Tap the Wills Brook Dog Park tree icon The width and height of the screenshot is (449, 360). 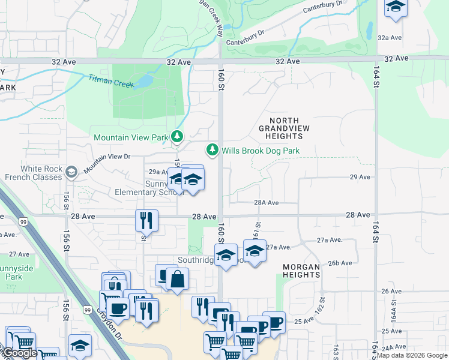click(212, 150)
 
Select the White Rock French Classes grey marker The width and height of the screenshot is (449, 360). click(71, 173)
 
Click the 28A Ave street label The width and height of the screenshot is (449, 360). click(267, 203)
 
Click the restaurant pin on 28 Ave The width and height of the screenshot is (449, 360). click(146, 220)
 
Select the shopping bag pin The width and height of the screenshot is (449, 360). click(178, 279)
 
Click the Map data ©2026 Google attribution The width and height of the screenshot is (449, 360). click(412, 355)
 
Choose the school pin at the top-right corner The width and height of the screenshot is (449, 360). click(396, 7)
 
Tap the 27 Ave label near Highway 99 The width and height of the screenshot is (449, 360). click(19, 254)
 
